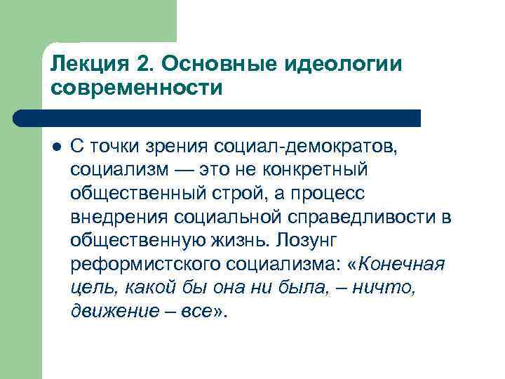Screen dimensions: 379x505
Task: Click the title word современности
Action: (136, 88)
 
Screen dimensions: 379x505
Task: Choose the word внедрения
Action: (120, 218)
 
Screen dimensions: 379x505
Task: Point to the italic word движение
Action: (111, 311)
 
